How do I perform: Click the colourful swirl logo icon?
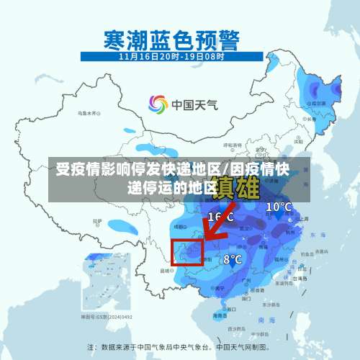157,104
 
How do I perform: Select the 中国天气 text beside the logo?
194,105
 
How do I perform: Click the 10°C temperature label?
279,207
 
